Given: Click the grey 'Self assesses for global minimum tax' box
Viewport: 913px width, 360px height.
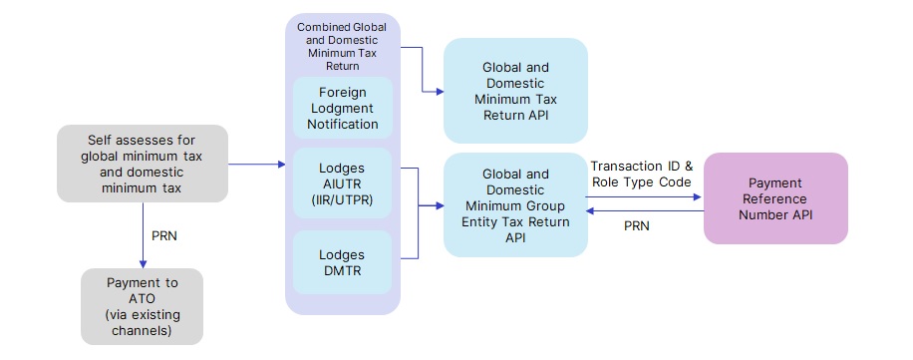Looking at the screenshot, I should coord(142,163).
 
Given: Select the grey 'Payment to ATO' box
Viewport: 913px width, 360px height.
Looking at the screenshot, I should coord(142,306).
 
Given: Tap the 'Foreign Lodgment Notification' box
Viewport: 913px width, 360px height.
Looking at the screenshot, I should coord(342,108).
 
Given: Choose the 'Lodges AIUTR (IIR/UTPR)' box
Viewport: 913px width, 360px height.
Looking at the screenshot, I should coord(342,183).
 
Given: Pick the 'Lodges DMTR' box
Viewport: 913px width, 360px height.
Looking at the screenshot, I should coord(342,262).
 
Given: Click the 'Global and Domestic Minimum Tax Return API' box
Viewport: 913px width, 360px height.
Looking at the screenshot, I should coord(515,92).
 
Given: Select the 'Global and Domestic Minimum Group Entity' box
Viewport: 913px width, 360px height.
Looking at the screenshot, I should coord(515,205).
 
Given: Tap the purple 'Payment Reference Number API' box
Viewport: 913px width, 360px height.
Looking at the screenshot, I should coord(775,197).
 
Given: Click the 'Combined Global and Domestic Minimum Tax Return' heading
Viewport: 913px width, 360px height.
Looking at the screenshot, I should coord(342,45).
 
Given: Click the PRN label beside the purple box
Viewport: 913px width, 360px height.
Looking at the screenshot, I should coord(636,226).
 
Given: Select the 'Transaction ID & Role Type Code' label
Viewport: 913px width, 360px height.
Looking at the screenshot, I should coord(641,175).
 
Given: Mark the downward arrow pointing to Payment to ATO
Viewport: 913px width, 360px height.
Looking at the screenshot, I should coord(142,261).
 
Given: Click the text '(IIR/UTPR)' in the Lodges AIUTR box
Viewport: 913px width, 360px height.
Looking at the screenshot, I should coord(342,200).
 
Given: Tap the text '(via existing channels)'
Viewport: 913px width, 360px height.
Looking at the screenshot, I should coord(142,322).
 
